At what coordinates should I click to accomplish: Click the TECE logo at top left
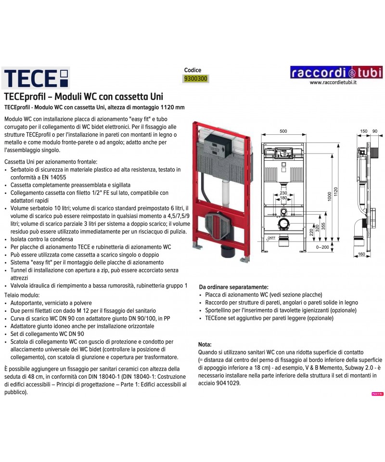click(37, 77)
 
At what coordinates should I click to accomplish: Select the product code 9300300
click(197, 78)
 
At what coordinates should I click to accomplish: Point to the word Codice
click(192, 70)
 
